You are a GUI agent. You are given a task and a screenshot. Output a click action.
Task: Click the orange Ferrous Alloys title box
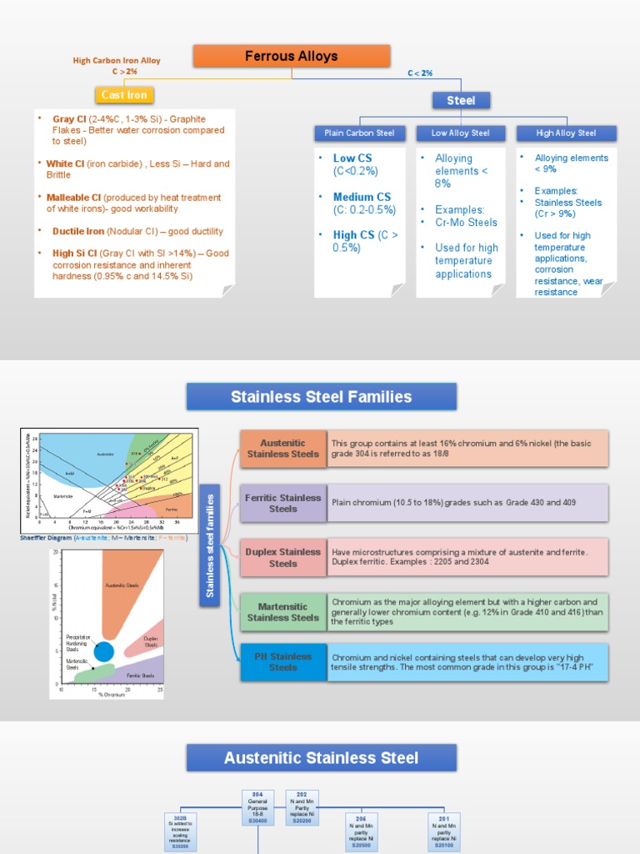pyautogui.click(x=292, y=57)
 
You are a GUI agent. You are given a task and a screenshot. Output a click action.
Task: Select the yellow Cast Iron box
pyautogui.click(x=124, y=95)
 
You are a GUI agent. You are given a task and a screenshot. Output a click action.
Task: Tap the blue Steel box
pyautogui.click(x=461, y=100)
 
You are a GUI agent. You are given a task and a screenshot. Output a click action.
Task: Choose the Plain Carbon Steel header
pyautogui.click(x=359, y=133)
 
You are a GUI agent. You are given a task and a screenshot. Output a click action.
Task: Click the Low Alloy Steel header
pyautogui.click(x=461, y=133)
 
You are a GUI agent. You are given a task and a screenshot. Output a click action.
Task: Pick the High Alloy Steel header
pyautogui.click(x=566, y=133)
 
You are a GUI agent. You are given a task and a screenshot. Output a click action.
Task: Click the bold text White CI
pyautogui.click(x=65, y=163)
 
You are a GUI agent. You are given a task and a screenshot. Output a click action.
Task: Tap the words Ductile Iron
pyautogui.click(x=79, y=231)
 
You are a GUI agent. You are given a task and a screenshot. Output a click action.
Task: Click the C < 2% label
pyautogui.click(x=420, y=73)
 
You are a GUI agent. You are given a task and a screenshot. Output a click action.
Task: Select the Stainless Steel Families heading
pyautogui.click(x=321, y=397)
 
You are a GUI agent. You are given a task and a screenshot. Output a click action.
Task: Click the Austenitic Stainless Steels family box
pyautogui.click(x=282, y=449)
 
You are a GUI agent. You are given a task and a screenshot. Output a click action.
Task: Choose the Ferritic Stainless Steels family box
pyautogui.click(x=282, y=503)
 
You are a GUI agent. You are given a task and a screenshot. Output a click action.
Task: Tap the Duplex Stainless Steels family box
pyautogui.click(x=282, y=557)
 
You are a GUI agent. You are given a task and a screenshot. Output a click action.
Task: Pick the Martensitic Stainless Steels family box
pyautogui.click(x=282, y=612)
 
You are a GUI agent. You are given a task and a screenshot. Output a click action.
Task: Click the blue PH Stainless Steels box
pyautogui.click(x=282, y=661)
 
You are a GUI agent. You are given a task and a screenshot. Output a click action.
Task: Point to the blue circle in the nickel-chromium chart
pyautogui.click(x=103, y=651)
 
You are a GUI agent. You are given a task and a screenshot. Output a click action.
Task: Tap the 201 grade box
pyautogui.click(x=443, y=831)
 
